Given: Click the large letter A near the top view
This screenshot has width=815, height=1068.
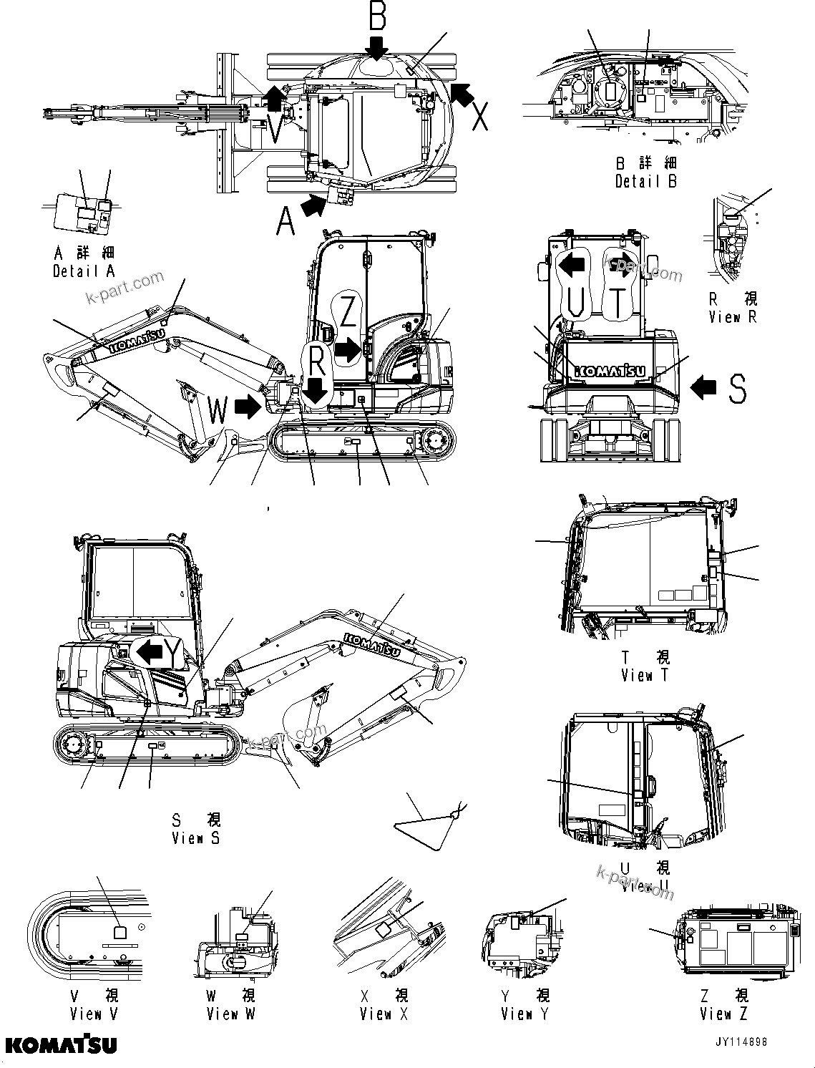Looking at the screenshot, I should point(286,219).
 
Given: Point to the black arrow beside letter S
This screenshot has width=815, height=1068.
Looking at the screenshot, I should point(703,387).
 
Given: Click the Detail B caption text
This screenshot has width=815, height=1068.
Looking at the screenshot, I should point(646,181).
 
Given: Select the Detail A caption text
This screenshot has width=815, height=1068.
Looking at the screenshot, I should point(84,271).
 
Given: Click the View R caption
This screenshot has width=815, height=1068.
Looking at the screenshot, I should point(732,316).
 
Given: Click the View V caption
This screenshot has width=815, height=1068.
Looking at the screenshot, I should point(95,1013).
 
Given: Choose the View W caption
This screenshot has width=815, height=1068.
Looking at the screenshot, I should point(230,1013).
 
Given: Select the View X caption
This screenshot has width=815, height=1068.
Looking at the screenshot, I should point(384,1013).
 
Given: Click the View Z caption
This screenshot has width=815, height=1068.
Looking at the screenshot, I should point(724,1013).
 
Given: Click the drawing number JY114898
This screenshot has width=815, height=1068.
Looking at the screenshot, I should point(741,1043).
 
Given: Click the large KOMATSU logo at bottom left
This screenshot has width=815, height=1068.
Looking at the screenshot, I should point(62,1045).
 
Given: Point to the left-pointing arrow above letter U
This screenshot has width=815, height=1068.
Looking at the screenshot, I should point(572,266).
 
